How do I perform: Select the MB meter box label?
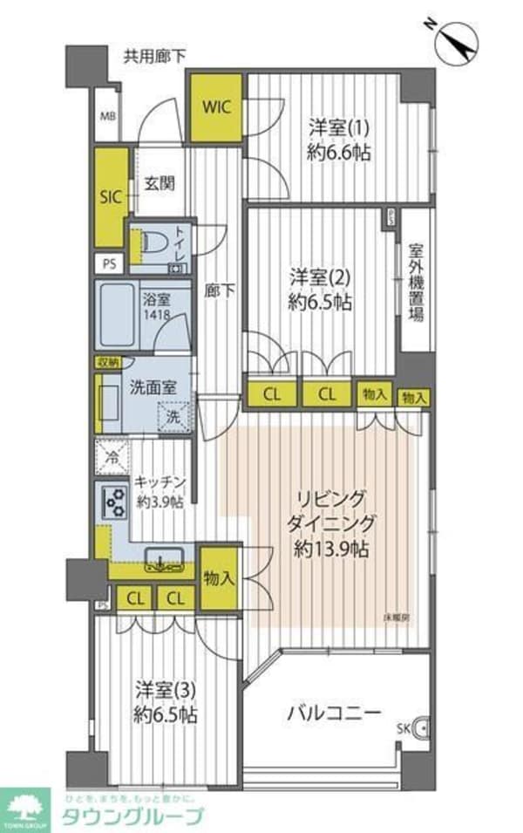click(106, 116)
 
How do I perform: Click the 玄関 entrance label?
click(160, 183)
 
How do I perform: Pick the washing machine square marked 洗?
click(174, 417)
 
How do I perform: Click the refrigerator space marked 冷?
click(112, 455)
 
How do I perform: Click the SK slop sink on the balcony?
click(419, 726)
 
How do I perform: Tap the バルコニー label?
click(335, 713)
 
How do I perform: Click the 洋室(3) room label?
click(166, 689)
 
